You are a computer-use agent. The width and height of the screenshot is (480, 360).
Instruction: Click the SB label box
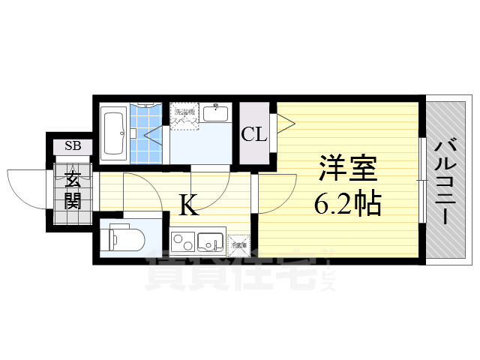73,145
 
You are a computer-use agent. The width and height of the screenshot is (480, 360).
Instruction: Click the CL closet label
253,135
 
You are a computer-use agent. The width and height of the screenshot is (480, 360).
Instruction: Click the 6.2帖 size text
346,202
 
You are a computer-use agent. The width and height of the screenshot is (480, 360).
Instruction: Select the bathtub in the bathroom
115,133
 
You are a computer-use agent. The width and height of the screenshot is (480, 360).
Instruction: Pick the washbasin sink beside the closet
217,114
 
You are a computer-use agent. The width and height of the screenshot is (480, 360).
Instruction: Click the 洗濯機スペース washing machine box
184,116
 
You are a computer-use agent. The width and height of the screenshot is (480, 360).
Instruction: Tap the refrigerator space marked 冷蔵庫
239,244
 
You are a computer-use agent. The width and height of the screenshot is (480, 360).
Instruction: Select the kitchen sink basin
208,242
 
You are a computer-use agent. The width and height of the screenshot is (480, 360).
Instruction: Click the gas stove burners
181,242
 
